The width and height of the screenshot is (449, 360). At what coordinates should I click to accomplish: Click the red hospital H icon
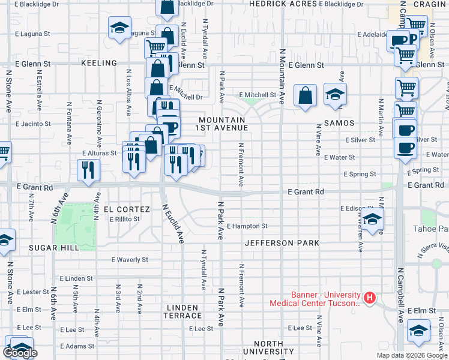370,297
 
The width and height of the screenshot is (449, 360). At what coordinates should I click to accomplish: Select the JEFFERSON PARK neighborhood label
282,243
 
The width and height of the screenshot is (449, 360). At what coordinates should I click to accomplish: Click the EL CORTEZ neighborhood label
127,209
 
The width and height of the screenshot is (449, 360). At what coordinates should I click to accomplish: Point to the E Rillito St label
124,219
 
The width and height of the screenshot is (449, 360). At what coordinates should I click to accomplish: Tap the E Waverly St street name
130,260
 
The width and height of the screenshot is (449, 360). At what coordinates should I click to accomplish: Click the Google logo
20,353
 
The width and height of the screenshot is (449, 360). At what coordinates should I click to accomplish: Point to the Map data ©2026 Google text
412,355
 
